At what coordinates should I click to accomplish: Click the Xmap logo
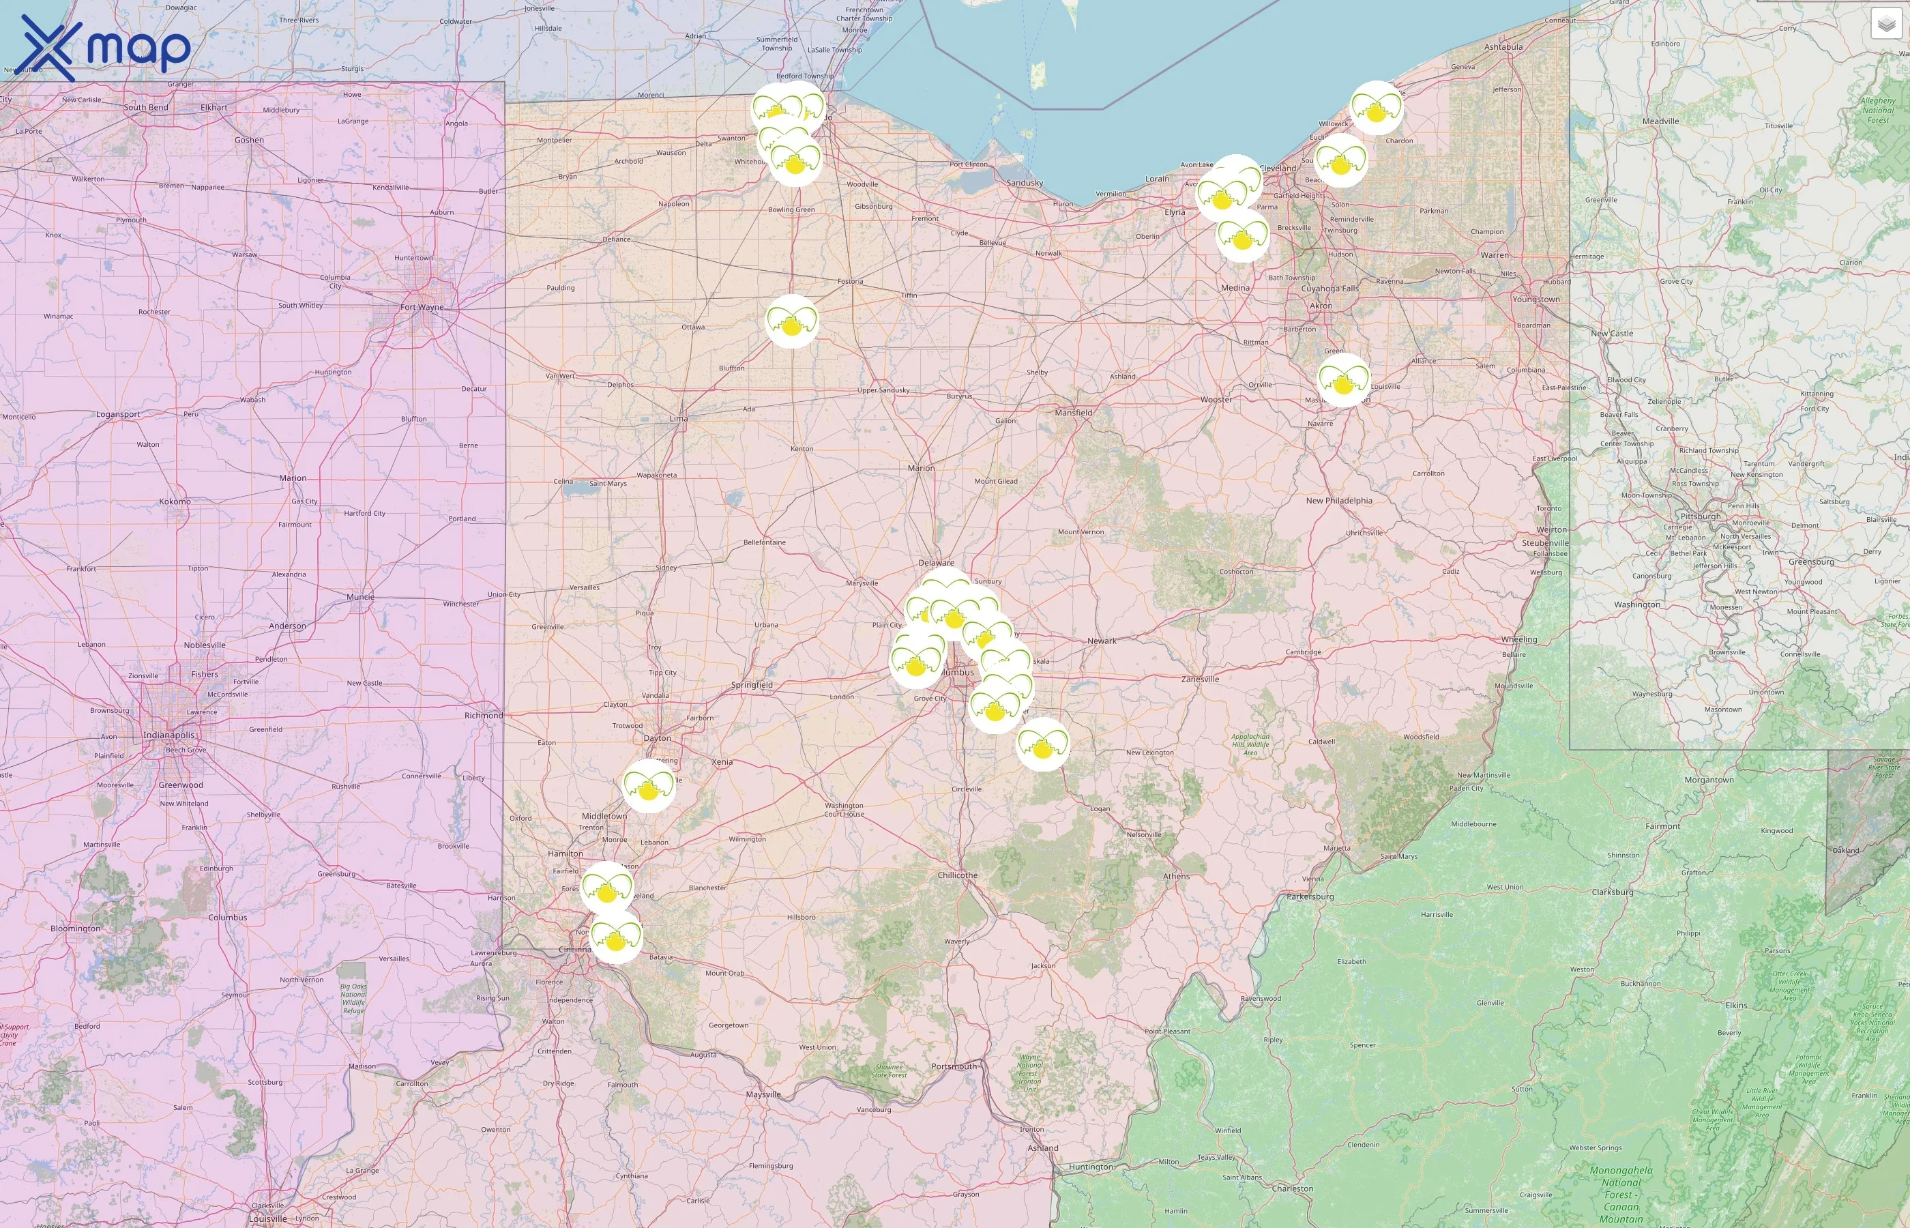[x=104, y=48]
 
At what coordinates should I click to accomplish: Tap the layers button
[x=1885, y=25]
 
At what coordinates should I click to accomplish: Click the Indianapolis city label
[x=168, y=735]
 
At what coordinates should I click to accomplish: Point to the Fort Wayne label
[x=422, y=307]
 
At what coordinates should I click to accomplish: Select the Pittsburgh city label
[x=1701, y=516]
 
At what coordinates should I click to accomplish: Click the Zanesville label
[x=1200, y=679]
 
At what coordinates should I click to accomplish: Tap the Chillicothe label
[x=958, y=875]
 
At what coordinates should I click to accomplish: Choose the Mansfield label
[x=1073, y=413]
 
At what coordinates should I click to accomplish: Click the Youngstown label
[x=1536, y=299]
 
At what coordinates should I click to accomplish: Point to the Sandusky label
[x=1025, y=183]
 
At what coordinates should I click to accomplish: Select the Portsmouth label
[x=954, y=1066]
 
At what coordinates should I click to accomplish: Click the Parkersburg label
[x=1310, y=896]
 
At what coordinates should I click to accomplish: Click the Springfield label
[x=752, y=685]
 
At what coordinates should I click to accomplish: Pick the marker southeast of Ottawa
[x=791, y=321]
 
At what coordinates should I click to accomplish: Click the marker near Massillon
[x=1343, y=381]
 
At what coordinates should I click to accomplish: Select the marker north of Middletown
[x=648, y=785]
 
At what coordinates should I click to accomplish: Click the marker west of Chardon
[x=1376, y=108]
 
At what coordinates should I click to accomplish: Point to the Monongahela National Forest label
[x=1621, y=1194]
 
